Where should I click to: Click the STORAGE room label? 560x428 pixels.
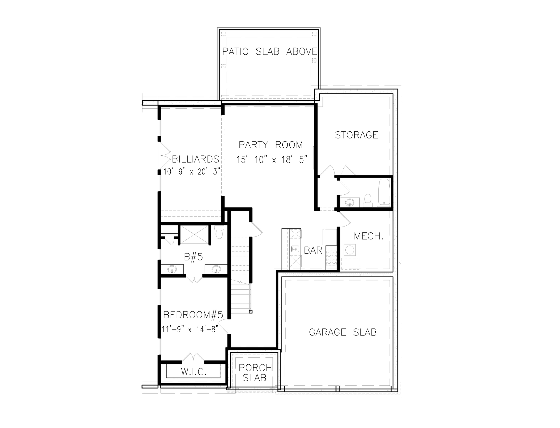[356, 135]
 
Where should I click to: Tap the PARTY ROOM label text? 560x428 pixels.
[271, 145]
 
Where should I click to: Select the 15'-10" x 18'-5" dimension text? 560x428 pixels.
[272, 160]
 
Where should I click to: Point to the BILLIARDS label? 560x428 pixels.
[195, 159]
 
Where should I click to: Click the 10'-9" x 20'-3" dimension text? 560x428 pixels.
[191, 172]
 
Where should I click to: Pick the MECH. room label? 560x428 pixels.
[368, 236]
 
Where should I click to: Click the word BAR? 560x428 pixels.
[313, 250]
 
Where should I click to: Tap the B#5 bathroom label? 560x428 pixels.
[193, 257]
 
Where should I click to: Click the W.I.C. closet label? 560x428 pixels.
[194, 372]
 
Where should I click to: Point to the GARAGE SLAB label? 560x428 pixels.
[343, 332]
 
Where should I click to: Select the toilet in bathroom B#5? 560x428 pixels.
[219, 232]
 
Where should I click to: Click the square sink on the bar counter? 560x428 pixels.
[295, 249]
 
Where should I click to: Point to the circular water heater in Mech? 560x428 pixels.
[349, 250]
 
